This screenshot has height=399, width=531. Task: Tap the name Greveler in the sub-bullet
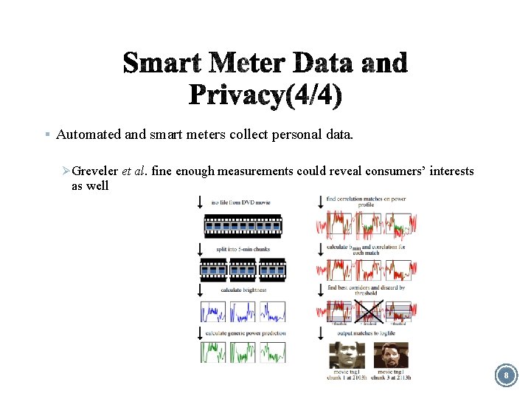tap(96, 171)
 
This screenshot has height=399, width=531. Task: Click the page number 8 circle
tap(506, 376)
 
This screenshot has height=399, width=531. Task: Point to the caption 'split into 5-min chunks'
tap(243, 249)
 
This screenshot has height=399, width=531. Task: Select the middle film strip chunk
tap(242, 270)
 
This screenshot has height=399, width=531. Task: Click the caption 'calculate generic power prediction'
tap(246, 333)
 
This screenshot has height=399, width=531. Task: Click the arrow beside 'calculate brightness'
tap(201, 290)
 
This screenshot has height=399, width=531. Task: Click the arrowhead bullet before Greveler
tap(66, 171)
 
